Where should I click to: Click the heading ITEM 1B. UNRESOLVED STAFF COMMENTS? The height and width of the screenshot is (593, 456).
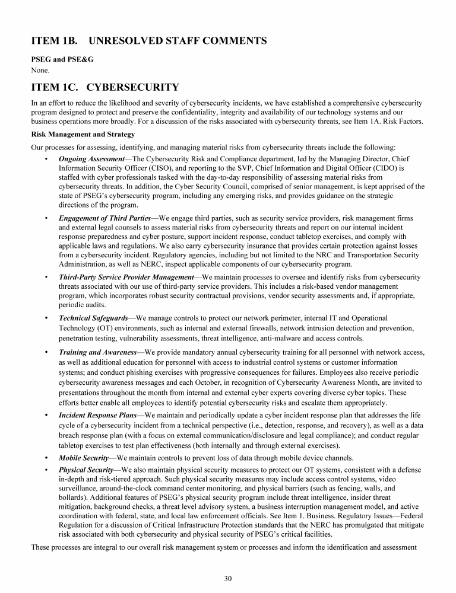pyautogui.click(x=148, y=41)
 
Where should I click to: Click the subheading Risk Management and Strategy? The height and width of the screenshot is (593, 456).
pyautogui.click(x=75, y=134)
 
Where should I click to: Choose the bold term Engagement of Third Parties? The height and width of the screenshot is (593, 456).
pyautogui.click(x=105, y=219)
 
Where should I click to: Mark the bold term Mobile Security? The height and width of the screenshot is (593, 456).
pyautogui.click(x=83, y=458)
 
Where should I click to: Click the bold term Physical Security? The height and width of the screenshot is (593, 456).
pyautogui.click(x=86, y=470)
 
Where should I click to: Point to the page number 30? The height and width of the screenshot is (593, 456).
pyautogui.click(x=228, y=579)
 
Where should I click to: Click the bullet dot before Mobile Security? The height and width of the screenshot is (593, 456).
pyautogui.click(x=46, y=458)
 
